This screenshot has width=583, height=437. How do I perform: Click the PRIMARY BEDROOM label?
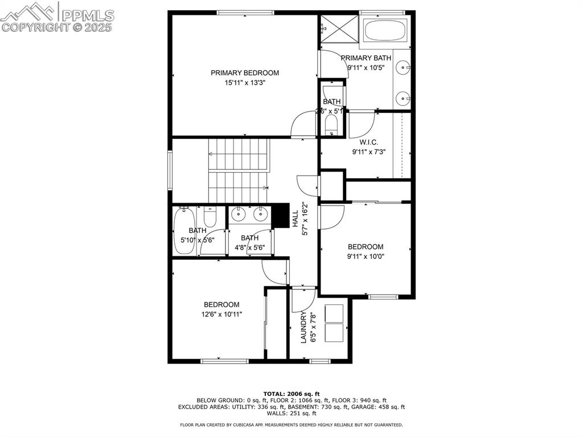pos(245,73)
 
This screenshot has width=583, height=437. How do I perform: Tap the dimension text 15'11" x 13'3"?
pos(245,83)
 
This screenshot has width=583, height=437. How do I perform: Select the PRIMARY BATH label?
pos(366,58)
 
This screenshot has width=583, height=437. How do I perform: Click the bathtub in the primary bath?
pos(385,30)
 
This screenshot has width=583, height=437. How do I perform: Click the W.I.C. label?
pos(368,142)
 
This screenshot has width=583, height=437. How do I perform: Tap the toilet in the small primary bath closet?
pos(331,125)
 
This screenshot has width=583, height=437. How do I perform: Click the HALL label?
pos(295,219)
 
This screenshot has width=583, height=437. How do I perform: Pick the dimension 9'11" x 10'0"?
pos(366,256)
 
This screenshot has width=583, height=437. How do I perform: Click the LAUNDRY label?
pos(303,328)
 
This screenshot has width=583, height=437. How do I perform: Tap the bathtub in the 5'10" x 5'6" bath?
pos(184,231)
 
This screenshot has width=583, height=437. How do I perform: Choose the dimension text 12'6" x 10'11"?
pos(221,314)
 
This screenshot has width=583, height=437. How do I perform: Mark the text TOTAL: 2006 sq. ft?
pos(291,394)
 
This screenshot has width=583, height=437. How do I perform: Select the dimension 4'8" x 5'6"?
pos(249,248)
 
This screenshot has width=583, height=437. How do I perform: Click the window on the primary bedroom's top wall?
pos(245,13)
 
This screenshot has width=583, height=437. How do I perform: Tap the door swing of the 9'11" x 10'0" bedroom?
pos(332,217)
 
